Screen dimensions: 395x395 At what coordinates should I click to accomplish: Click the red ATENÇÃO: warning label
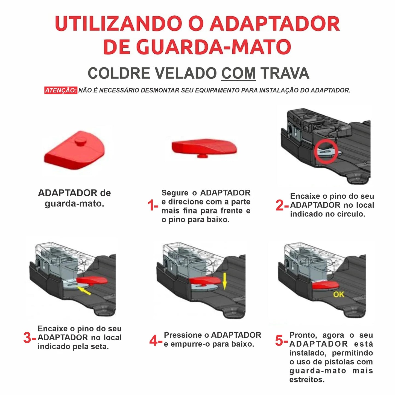coord(61,90)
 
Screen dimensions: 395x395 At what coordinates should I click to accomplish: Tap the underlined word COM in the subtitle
coord(238,73)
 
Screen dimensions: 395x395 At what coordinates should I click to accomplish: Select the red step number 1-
coord(153,205)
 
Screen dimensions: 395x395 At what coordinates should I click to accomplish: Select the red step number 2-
coord(282,205)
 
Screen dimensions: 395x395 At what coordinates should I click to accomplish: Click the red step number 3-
coord(30,338)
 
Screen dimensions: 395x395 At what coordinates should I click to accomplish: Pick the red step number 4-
coord(156,341)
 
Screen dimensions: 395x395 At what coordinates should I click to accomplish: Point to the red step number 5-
coord(281,341)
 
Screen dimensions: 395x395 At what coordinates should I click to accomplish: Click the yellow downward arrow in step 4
coord(224,281)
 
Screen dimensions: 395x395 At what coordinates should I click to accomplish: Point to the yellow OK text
coord(339,294)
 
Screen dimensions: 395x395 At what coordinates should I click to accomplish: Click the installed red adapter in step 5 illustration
coord(325,286)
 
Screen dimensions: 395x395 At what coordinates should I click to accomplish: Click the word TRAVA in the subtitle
coord(285,73)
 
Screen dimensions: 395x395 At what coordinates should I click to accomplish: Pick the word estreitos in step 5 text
coord(306,380)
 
